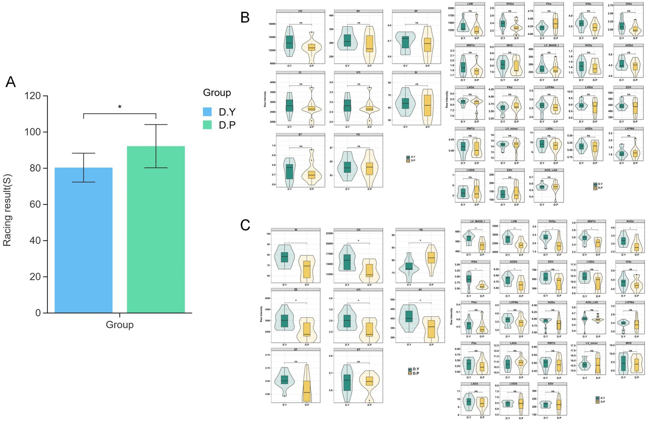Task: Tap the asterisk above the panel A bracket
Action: point(120,107)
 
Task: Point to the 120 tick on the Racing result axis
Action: point(33,96)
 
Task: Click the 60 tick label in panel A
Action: point(33,205)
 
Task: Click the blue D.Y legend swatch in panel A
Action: point(207,112)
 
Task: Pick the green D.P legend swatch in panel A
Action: point(207,125)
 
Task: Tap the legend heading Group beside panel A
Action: point(217,93)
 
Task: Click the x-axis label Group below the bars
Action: point(120,325)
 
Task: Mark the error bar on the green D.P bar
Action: point(156,146)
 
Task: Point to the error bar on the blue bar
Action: point(83,167)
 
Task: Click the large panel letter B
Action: point(245,17)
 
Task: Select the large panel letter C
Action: point(245,225)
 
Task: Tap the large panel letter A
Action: point(11,82)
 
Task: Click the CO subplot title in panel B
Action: point(300,11)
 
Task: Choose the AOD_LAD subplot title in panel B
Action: point(549,170)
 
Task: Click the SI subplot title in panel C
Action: point(296,230)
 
